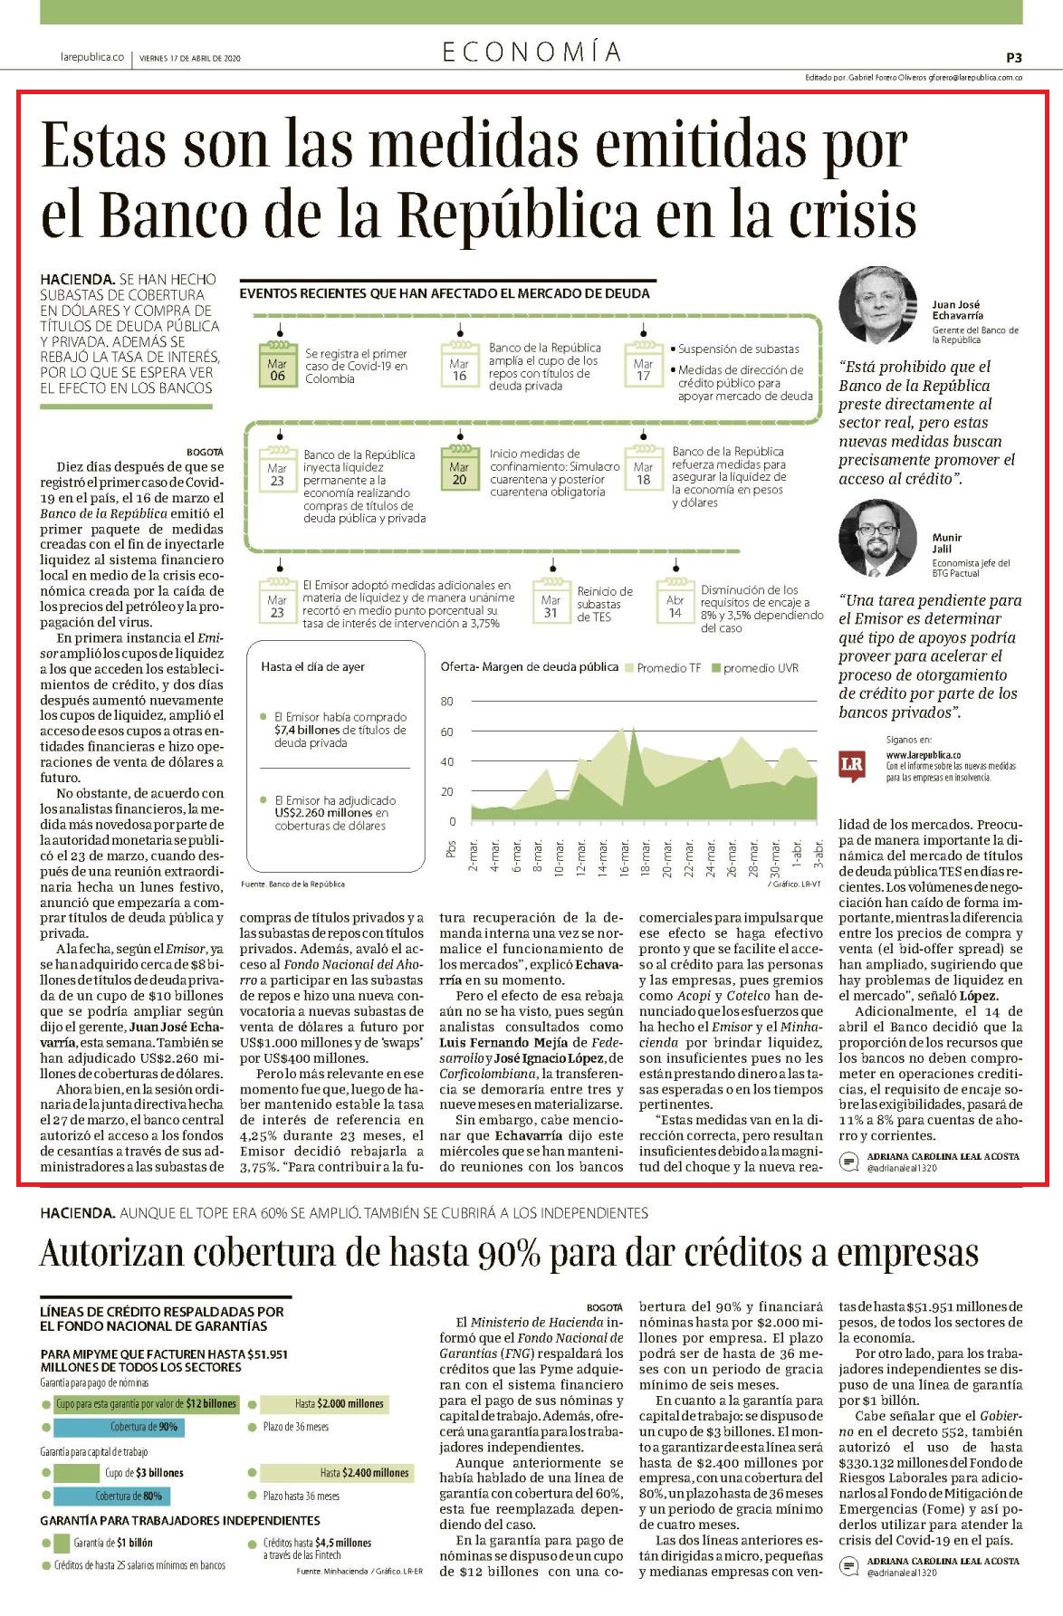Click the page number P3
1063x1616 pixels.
pyautogui.click(x=1013, y=57)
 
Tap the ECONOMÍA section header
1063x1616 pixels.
pyautogui.click(x=531, y=53)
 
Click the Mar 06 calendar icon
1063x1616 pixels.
pyautogui.click(x=277, y=364)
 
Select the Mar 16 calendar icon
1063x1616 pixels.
pyautogui.click(x=459, y=364)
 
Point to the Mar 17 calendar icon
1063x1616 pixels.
pyautogui.click(x=643, y=364)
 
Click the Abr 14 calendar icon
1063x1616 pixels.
pyautogui.click(x=675, y=601)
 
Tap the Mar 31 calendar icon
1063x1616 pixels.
pyautogui.click(x=551, y=601)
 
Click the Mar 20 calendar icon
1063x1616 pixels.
pyautogui.click(x=459, y=468)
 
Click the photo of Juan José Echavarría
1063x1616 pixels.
pyautogui.click(x=878, y=305)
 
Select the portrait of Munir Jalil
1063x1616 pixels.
pyautogui.click(x=878, y=540)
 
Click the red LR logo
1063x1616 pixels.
pyautogui.click(x=852, y=763)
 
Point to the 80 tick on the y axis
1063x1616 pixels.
pyautogui.click(x=446, y=703)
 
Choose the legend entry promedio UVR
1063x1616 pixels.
pyautogui.click(x=755, y=668)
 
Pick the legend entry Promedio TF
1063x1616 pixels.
pyautogui.click(x=663, y=668)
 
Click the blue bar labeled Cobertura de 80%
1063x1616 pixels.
pyautogui.click(x=118, y=1496)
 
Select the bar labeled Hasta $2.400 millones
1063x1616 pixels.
pyautogui.click(x=336, y=1473)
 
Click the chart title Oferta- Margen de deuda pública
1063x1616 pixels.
pyautogui.click(x=530, y=667)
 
